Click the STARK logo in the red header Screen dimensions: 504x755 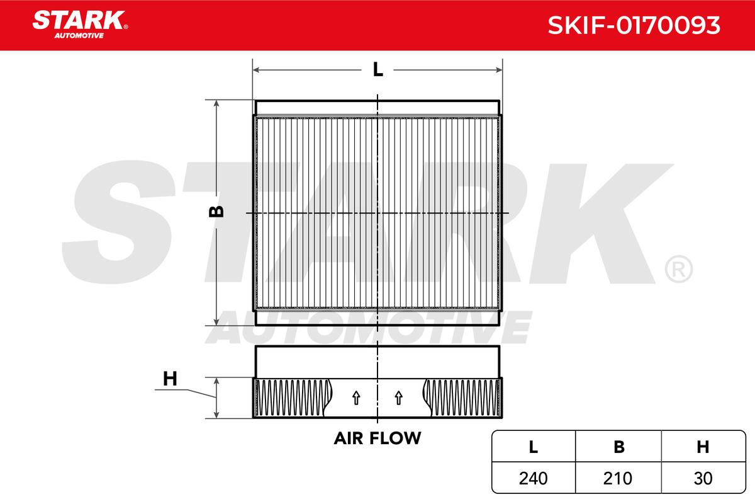click(79, 21)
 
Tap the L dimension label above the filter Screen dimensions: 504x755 click(377, 69)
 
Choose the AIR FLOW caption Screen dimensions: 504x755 click(377, 438)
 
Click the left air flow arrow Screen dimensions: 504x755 click(356, 398)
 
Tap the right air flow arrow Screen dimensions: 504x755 click(398, 398)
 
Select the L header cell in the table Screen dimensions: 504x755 click(534, 447)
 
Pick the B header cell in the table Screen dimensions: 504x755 click(619, 447)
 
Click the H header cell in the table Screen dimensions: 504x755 click(703, 447)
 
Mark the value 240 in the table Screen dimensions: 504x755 click(534, 478)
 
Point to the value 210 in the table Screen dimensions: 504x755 click(619, 478)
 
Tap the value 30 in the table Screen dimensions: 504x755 click(703, 478)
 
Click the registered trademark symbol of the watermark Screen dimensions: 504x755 click(678, 269)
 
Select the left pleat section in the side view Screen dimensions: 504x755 click(294, 398)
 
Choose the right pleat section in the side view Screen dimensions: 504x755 click(462, 398)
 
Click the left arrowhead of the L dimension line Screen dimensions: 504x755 click(256, 69)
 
